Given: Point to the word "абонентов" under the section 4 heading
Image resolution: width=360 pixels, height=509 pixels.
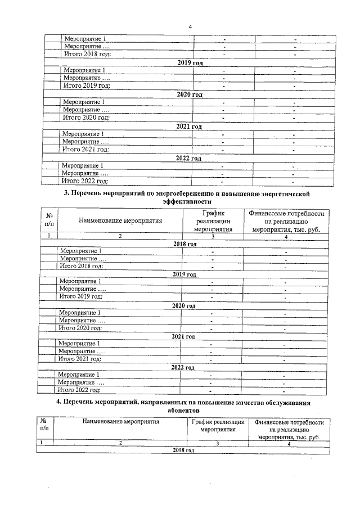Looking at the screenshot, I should pyautogui.click(x=184, y=411).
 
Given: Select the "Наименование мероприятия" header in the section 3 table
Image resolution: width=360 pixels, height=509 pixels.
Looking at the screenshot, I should pyautogui.click(x=120, y=221).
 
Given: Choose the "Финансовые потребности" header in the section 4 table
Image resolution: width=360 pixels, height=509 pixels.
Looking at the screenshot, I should pyautogui.click(x=290, y=422).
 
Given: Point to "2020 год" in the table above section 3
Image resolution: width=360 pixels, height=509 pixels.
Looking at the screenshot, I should pyautogui.click(x=189, y=94).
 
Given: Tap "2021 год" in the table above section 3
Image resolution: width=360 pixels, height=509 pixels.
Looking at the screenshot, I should pyautogui.click(x=188, y=127).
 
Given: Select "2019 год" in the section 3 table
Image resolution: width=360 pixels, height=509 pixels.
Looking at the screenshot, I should pyautogui.click(x=184, y=274).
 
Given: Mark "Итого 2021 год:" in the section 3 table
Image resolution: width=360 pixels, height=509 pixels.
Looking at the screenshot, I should pyautogui.click(x=80, y=359).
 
